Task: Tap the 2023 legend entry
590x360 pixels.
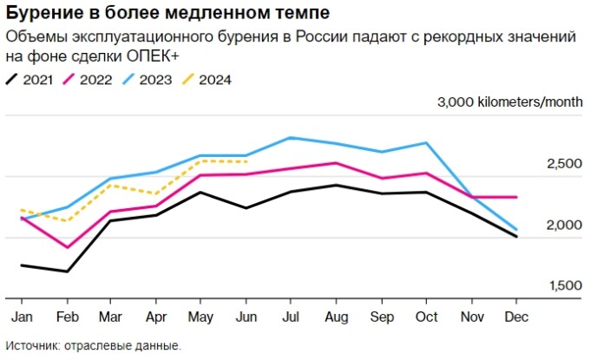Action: point(152,80)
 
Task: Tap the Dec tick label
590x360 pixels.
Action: point(516,317)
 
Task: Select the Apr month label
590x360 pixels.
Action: point(155,317)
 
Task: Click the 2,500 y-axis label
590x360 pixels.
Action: point(563,164)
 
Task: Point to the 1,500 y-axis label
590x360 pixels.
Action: point(563,285)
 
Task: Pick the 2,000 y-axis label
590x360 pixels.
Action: point(563,225)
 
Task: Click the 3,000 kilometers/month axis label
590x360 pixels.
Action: point(510,101)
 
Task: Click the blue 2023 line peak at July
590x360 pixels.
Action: point(290,137)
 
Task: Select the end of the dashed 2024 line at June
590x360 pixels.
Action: point(246,161)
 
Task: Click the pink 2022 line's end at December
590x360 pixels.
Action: point(516,197)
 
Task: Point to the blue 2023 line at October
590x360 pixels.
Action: point(426,142)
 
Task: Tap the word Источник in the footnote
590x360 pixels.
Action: point(32,345)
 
